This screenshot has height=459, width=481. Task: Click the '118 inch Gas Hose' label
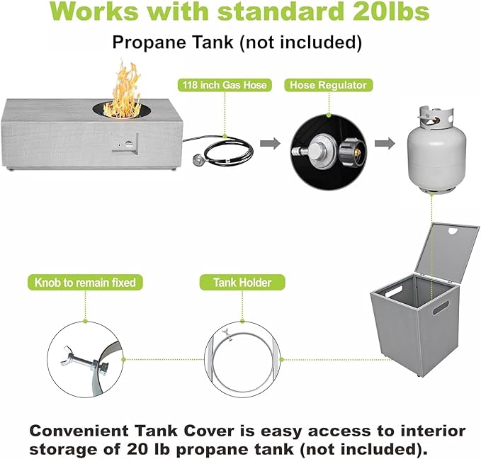[225, 85]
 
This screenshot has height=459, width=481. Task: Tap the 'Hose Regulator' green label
[328, 85]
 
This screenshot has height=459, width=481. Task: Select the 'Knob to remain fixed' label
[85, 283]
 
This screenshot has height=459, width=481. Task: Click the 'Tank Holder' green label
[242, 283]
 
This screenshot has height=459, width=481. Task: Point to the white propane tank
[436, 149]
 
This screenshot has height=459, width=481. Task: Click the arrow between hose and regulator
[270, 143]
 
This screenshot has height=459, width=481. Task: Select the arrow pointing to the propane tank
[385, 143]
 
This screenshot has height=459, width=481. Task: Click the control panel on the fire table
[126, 144]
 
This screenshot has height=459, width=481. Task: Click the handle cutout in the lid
[453, 230]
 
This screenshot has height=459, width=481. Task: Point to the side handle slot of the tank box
[441, 307]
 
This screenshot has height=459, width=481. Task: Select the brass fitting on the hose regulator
[357, 152]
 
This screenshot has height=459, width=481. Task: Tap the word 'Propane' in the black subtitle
[149, 42]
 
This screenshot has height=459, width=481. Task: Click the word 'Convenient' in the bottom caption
[79, 431]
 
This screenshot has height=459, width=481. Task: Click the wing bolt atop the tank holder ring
[227, 333]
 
